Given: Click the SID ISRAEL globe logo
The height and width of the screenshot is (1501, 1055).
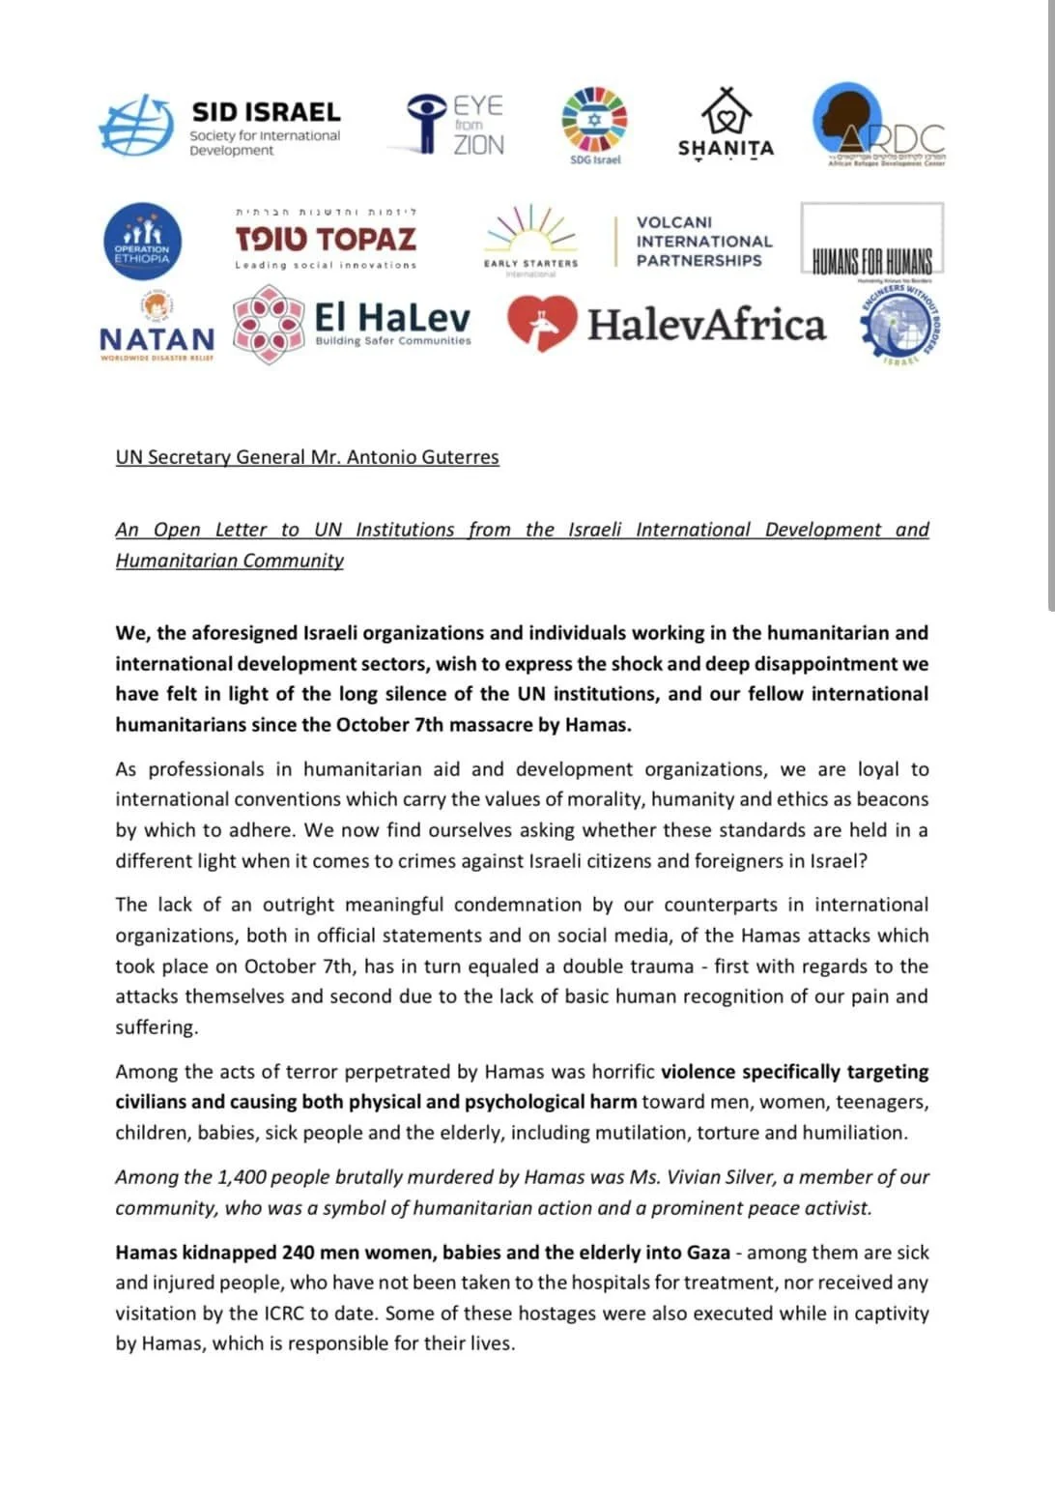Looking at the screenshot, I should pos(135,125).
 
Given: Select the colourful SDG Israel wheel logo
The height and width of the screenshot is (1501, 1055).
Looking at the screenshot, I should pos(594,120).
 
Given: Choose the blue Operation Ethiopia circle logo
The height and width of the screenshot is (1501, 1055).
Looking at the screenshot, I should pos(141,242).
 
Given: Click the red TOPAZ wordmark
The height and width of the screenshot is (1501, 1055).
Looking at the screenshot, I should pos(326,239).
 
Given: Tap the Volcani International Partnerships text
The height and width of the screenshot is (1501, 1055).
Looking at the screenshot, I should pos(704,242).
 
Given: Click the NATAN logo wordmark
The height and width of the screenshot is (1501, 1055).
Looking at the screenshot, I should pos(157,339).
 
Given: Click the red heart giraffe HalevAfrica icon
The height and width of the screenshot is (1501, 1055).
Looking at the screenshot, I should pos(542,324).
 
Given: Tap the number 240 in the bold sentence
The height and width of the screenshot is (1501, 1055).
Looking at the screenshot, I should pos(299,1253).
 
